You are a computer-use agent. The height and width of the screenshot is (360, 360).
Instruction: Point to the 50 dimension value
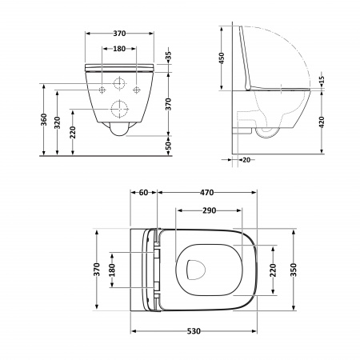tap(168, 145)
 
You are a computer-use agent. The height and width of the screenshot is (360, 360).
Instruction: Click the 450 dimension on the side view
tap(225, 58)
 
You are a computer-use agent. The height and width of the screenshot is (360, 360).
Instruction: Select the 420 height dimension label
tap(320, 122)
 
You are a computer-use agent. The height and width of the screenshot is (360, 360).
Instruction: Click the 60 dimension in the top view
tap(144, 193)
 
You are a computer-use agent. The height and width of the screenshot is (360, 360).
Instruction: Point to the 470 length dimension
tap(210, 193)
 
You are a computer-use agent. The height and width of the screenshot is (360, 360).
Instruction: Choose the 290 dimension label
tap(210, 210)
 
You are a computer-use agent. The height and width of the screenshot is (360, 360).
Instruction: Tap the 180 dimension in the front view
tap(118, 50)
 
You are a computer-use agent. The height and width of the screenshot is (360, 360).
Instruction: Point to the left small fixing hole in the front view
tap(102, 90)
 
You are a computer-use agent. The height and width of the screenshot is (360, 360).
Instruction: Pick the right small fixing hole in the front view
tap(136, 90)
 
